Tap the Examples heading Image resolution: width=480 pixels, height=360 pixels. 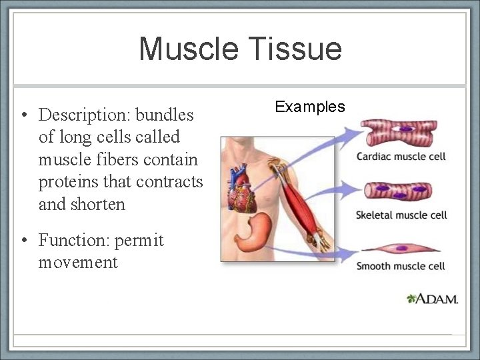[310, 107]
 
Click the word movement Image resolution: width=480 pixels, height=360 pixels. [78, 263]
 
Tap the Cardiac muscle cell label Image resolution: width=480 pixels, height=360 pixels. [401, 157]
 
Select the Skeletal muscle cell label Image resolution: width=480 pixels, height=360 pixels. [401, 215]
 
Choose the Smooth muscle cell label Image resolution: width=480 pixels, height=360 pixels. [401, 267]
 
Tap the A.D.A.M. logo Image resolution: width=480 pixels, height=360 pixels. [433, 299]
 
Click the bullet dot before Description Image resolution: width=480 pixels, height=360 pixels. [24, 115]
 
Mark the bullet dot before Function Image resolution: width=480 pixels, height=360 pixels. [24, 240]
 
